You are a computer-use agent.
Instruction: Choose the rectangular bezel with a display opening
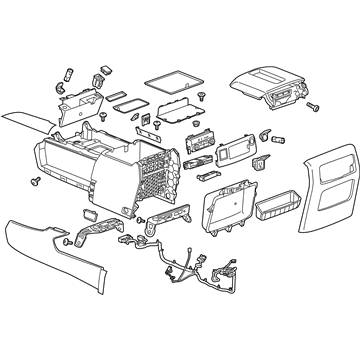[x=229, y=153]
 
